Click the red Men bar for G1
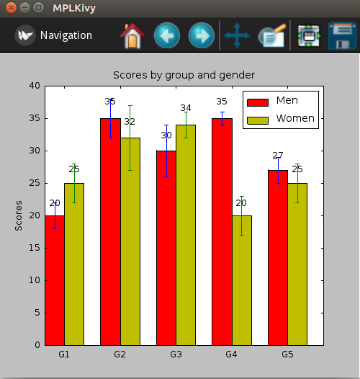(55, 280)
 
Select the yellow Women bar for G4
(242, 280)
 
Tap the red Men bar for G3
(166, 248)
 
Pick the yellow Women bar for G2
(130, 241)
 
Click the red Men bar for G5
(278, 258)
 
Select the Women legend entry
(281, 119)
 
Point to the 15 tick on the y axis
(35, 248)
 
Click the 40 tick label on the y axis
(35, 86)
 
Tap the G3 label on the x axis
(176, 355)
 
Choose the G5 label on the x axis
(287, 355)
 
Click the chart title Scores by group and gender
(184, 75)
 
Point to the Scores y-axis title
(19, 215)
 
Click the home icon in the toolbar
(132, 36)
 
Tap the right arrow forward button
(202, 35)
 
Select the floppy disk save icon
(343, 36)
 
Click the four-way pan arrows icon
(237, 35)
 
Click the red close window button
(11, 8)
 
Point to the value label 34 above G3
(186, 108)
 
